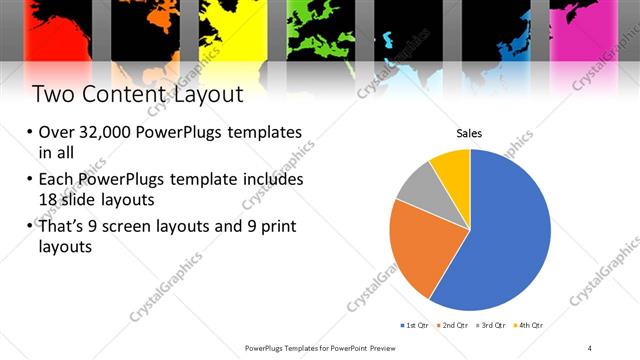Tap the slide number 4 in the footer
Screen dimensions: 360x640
(x=590, y=348)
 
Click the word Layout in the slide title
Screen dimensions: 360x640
(x=208, y=94)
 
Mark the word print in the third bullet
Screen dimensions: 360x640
(x=270, y=226)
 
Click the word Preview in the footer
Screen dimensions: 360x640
(x=395, y=348)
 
